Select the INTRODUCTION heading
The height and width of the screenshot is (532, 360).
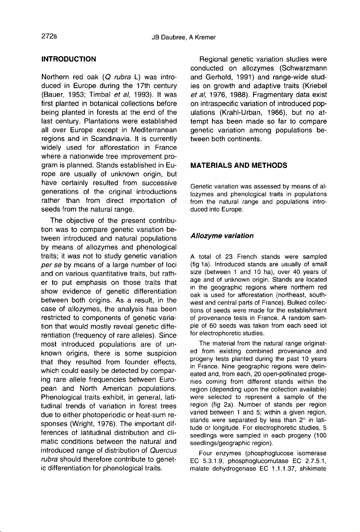point(69,59)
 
